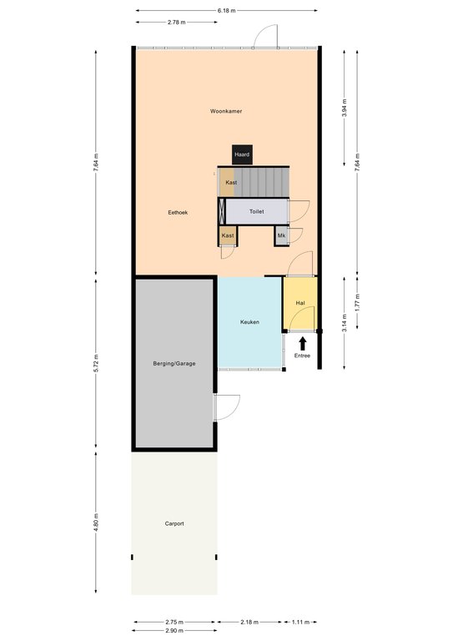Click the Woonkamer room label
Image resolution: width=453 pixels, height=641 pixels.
click(226, 111)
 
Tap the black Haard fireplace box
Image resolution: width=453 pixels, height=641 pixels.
click(242, 155)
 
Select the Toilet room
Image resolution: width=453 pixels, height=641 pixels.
click(257, 211)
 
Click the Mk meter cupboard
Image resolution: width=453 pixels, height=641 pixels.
click(281, 236)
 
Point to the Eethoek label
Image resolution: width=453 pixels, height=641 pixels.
click(178, 213)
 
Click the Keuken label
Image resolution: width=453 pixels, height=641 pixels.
click(249, 322)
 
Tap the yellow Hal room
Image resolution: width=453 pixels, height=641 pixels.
click(300, 303)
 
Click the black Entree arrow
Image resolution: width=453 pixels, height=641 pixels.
click(302, 344)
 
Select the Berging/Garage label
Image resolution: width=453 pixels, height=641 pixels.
click(174, 363)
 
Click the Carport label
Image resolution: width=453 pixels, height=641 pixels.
click(174, 523)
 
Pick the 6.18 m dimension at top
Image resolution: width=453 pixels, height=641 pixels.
click(227, 11)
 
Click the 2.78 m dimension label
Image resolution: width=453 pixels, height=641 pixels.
click(177, 22)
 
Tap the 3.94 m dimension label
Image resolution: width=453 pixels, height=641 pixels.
click(345, 109)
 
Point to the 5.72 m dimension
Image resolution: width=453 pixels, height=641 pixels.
click(96, 363)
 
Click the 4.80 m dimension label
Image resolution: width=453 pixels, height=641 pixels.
click(96, 522)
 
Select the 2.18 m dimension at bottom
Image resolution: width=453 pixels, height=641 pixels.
click(249, 622)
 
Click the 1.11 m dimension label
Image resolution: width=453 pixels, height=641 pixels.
click(300, 622)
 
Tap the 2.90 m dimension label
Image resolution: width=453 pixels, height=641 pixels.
click(174, 631)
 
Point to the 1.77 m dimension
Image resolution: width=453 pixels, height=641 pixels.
click(357, 303)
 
